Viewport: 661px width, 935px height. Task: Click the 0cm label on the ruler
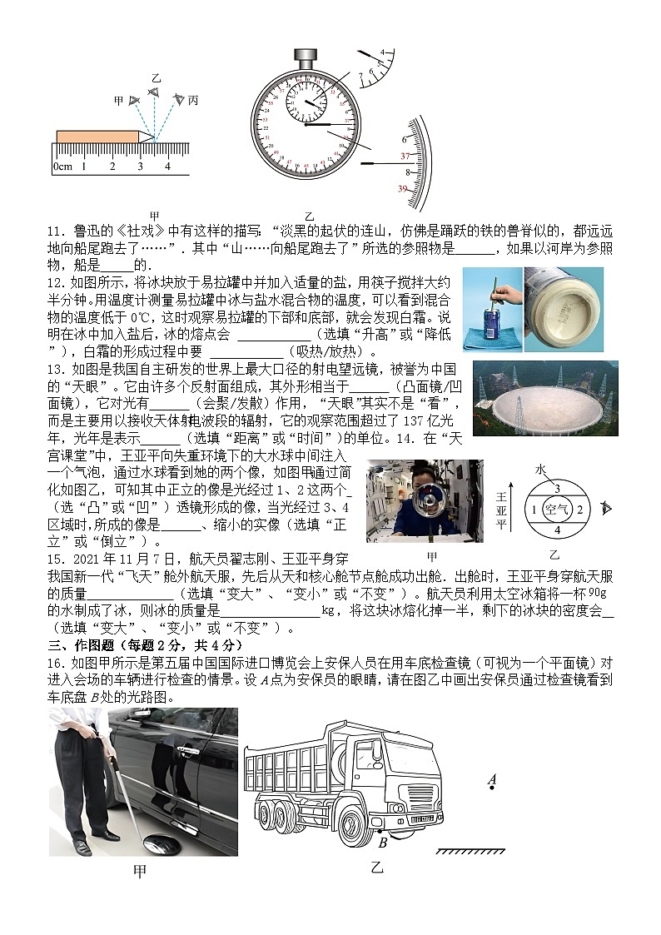pyautogui.click(x=62, y=167)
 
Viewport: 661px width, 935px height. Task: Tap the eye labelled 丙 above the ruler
pyautogui.click(x=178, y=100)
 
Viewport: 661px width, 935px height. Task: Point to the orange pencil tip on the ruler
pyautogui.click(x=147, y=136)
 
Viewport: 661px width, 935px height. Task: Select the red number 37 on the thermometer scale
pyautogui.click(x=405, y=157)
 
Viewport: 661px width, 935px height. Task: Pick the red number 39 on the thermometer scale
pyautogui.click(x=403, y=189)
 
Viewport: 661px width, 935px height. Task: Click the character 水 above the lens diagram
pyautogui.click(x=540, y=470)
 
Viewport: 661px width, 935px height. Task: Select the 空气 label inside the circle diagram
pyautogui.click(x=555, y=509)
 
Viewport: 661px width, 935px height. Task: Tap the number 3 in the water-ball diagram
pyautogui.click(x=557, y=489)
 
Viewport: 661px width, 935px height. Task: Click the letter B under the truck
pyautogui.click(x=382, y=843)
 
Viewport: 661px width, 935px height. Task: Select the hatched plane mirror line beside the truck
pyautogui.click(x=470, y=851)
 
